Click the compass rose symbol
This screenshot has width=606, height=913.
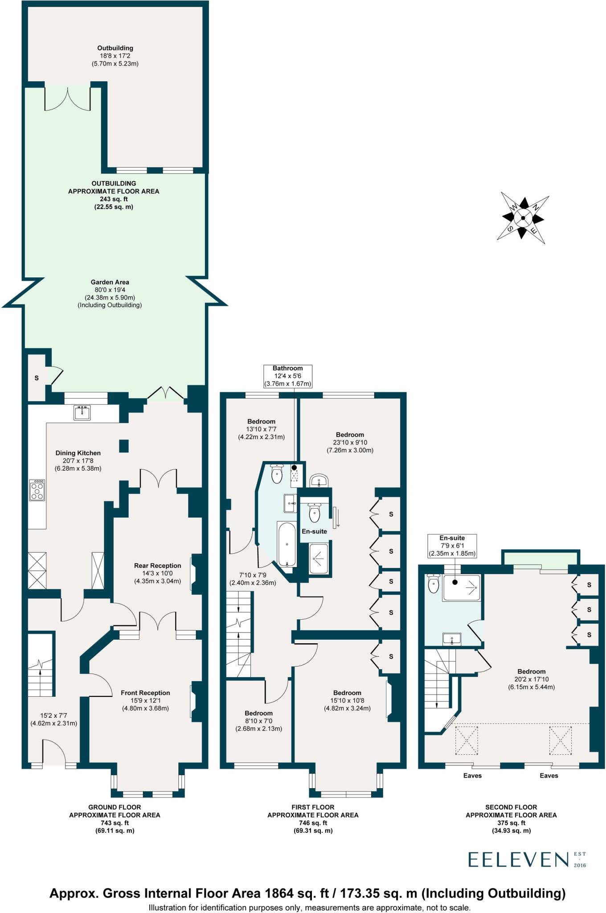(x=523, y=218)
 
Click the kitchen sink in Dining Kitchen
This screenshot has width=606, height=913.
(x=82, y=412)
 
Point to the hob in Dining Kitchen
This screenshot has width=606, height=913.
(x=37, y=490)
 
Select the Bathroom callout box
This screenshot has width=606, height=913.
(x=287, y=376)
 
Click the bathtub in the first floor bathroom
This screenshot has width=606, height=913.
(x=287, y=543)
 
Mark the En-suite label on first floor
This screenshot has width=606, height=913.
(x=314, y=531)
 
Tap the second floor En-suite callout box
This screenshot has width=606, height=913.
(x=452, y=546)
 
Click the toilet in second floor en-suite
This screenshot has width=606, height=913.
(x=433, y=584)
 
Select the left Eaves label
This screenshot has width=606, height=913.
(x=472, y=776)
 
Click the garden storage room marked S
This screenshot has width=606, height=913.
(x=37, y=378)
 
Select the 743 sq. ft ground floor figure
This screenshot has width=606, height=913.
(x=115, y=823)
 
